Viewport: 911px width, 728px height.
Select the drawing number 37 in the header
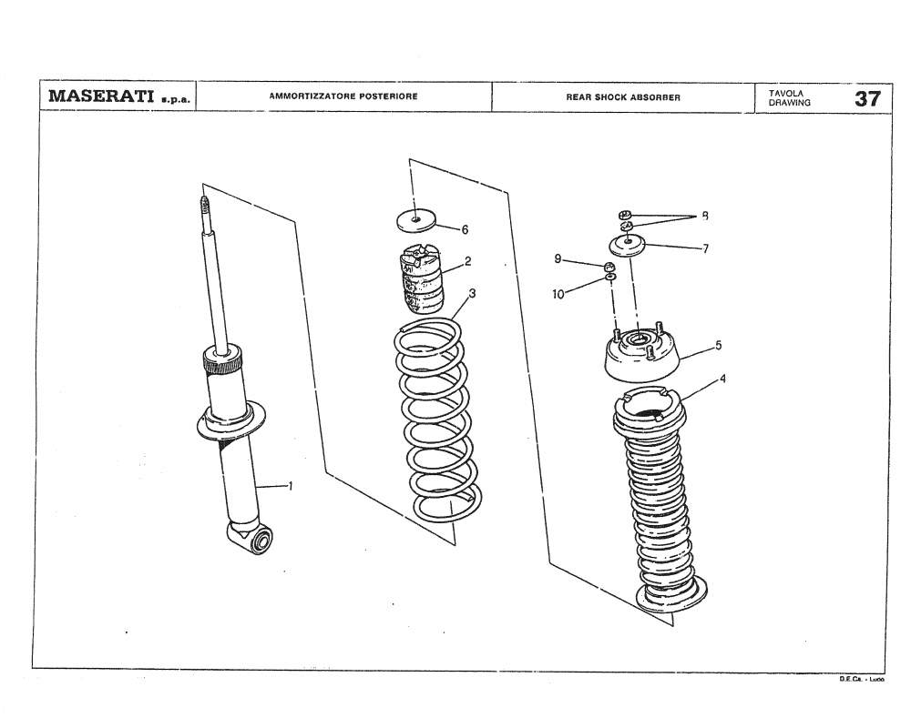pyautogui.click(x=866, y=98)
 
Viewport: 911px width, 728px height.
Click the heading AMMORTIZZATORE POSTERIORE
pyautogui.click(x=343, y=96)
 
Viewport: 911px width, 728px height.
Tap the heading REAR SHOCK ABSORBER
pyautogui.click(x=623, y=97)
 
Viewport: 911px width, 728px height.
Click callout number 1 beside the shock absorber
pyautogui.click(x=290, y=486)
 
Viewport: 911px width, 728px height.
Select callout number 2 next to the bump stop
pyautogui.click(x=467, y=261)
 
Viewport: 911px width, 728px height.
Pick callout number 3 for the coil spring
pyautogui.click(x=472, y=293)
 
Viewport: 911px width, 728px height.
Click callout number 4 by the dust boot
pyautogui.click(x=722, y=379)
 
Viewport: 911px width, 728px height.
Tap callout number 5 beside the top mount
pyautogui.click(x=718, y=345)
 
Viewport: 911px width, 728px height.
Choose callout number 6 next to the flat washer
pyautogui.click(x=465, y=229)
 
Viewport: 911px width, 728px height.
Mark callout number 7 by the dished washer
pyautogui.click(x=705, y=248)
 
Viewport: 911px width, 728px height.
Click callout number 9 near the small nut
pyautogui.click(x=557, y=259)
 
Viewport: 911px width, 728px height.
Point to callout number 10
pyautogui.click(x=558, y=294)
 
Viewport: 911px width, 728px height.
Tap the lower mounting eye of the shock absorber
pyautogui.click(x=259, y=541)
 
